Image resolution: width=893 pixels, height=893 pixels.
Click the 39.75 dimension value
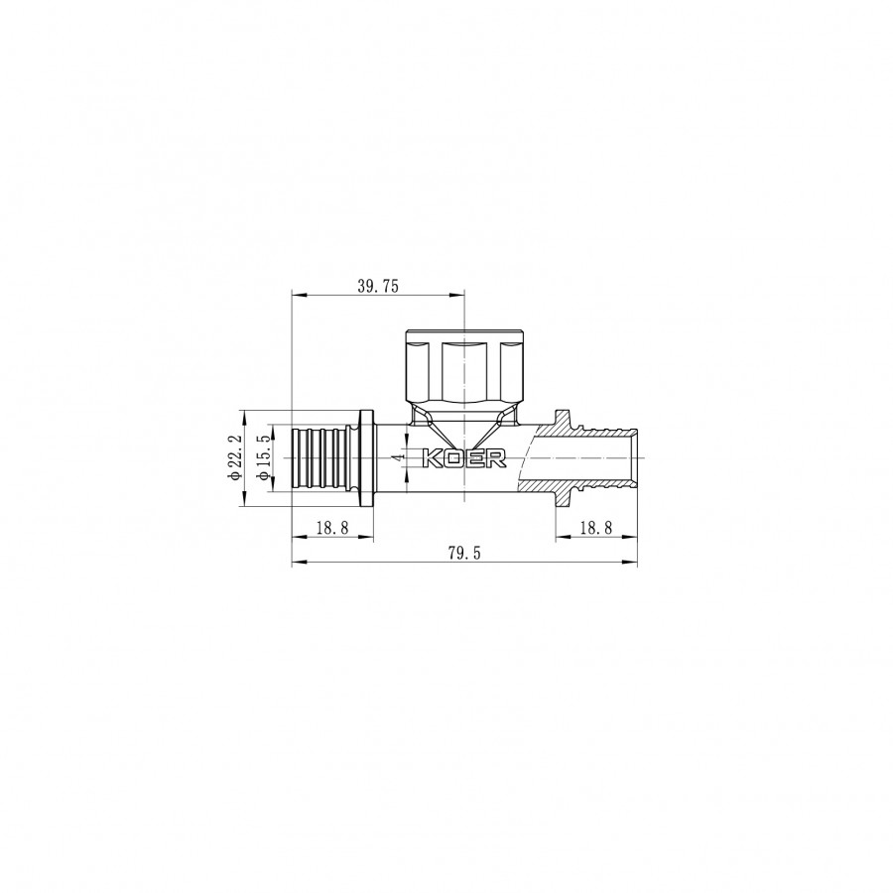click(x=378, y=286)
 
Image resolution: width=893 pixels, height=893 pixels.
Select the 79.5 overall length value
click(x=464, y=553)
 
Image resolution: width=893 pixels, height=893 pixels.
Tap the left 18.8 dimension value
click(x=332, y=528)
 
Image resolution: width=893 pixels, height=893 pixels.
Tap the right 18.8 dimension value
click(x=595, y=528)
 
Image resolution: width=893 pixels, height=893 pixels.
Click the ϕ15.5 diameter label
click(x=263, y=457)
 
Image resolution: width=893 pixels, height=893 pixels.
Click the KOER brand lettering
click(x=464, y=458)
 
